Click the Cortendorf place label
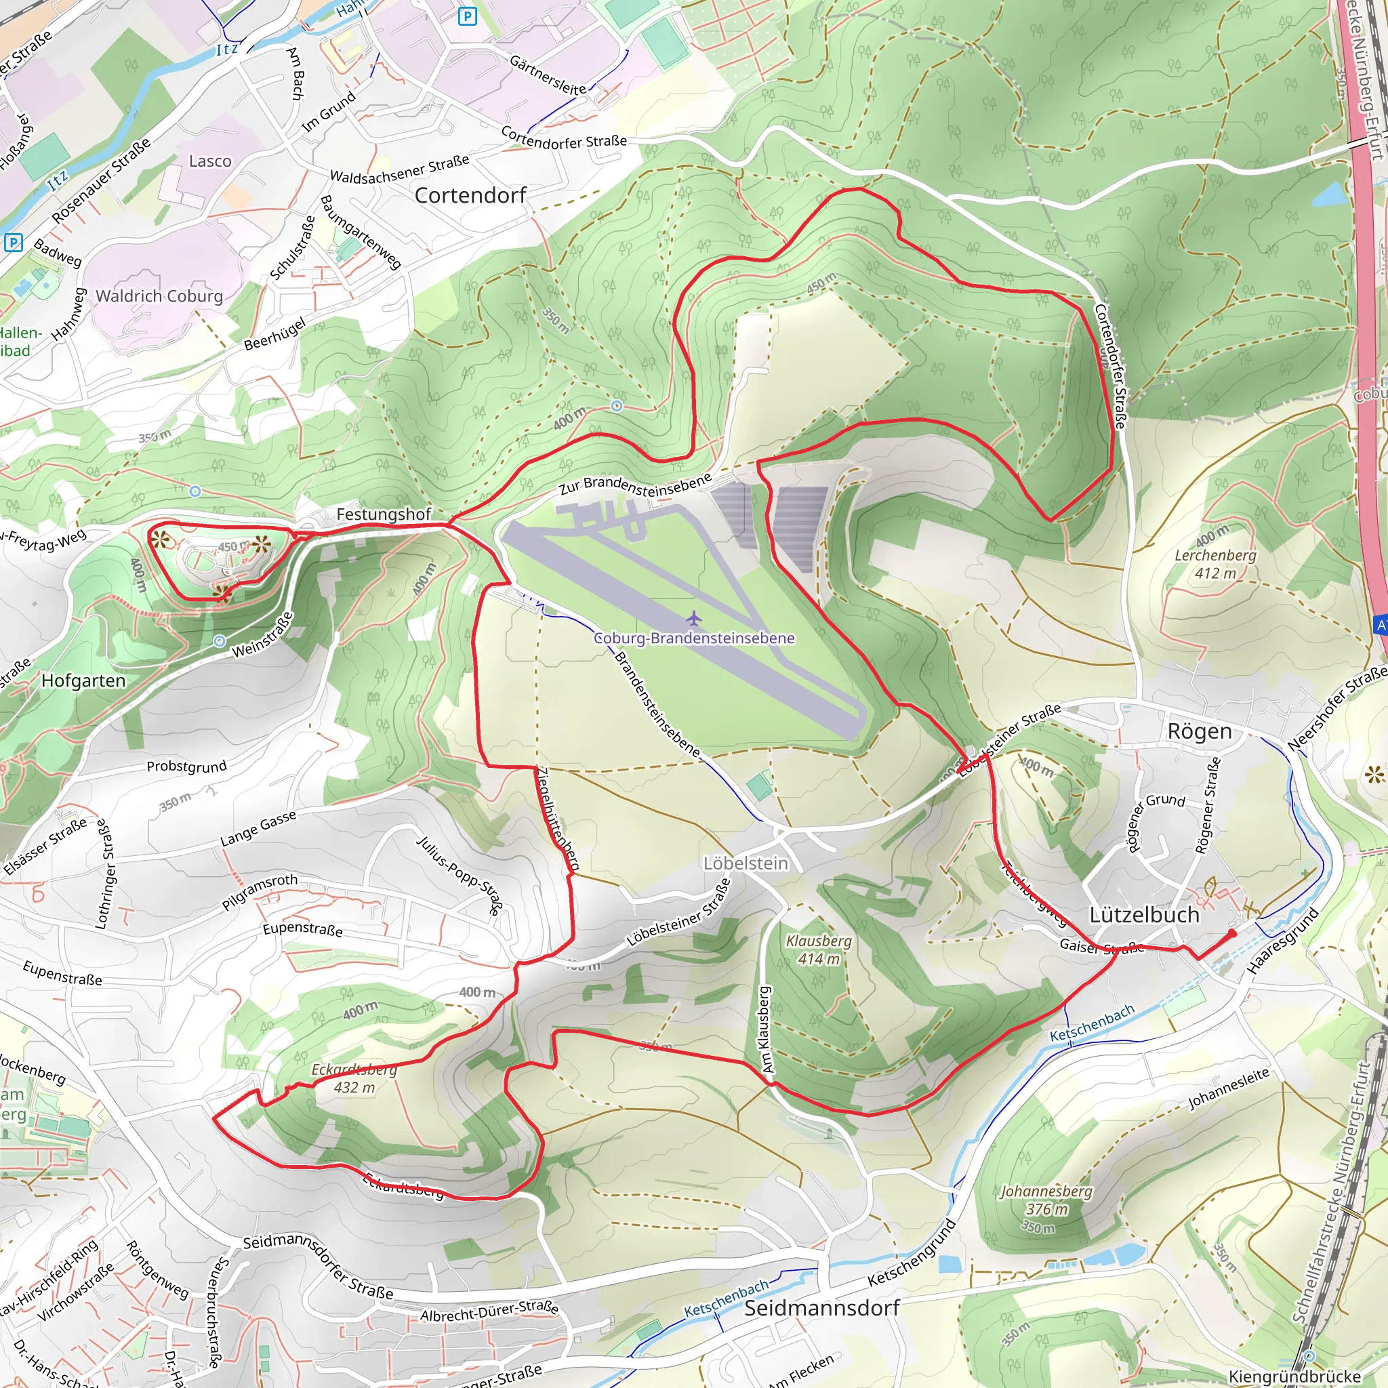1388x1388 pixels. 470,195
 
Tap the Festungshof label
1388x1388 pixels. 384,514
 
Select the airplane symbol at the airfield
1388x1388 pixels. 693,617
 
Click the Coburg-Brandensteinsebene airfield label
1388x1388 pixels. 694,638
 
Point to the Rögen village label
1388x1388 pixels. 1199,731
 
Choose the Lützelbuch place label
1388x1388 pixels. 1144,915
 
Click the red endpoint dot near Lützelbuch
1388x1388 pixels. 1232,933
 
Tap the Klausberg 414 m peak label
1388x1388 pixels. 818,949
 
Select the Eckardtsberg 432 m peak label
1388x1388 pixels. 354,1078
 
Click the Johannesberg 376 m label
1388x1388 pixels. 1046,1200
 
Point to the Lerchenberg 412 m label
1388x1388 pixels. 1216,564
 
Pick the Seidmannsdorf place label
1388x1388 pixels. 822,1308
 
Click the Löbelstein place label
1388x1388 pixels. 746,863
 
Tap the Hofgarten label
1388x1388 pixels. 83,680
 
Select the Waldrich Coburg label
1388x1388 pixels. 159,296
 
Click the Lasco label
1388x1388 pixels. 211,161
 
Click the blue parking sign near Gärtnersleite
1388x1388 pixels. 468,16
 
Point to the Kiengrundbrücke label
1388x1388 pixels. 1294,1376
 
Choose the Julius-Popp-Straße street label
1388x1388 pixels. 460,874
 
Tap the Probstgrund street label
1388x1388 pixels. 186,767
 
